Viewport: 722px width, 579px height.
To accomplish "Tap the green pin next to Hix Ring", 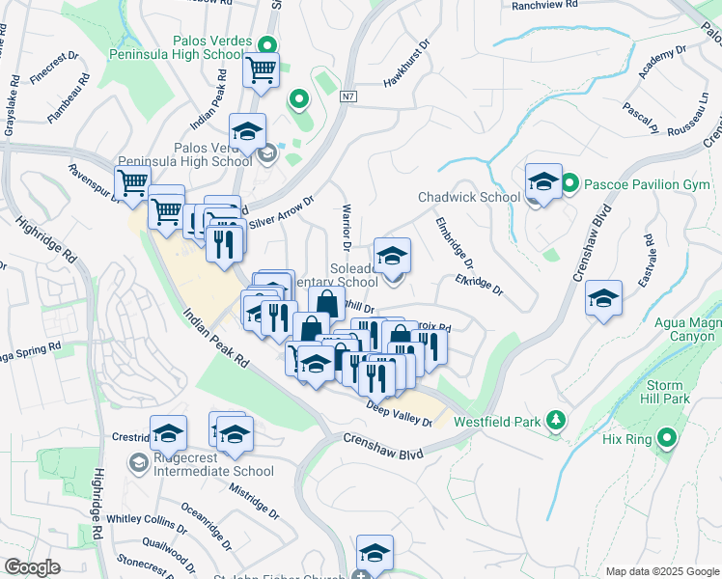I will [666, 439].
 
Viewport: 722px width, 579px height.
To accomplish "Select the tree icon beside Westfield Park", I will [555, 420].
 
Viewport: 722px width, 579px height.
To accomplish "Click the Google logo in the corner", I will [32, 567].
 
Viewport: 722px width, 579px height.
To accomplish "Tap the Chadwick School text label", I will [469, 198].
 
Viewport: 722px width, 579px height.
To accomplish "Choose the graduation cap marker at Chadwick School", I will [543, 182].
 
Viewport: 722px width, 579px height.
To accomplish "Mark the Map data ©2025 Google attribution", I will [660, 571].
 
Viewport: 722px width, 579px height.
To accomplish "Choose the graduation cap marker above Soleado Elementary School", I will [392, 256].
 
